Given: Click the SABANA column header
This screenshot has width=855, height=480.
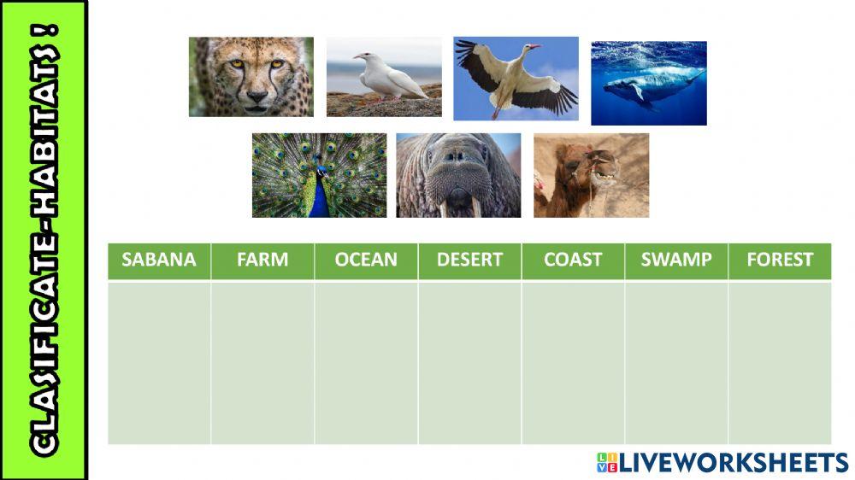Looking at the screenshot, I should (x=159, y=260).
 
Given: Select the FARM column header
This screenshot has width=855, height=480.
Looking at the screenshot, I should (x=262, y=260).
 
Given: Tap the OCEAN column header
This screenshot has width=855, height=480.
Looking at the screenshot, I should (x=366, y=260).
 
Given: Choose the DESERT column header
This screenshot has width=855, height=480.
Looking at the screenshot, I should (x=469, y=260).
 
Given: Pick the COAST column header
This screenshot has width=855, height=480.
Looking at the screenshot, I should (x=573, y=260).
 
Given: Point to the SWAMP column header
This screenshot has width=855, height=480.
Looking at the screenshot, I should (x=676, y=260).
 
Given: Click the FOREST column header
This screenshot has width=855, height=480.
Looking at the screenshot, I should (x=780, y=260).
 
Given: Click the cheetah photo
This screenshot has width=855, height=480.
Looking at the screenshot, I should (x=251, y=76).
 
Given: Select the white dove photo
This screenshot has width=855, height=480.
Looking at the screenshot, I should (x=384, y=76).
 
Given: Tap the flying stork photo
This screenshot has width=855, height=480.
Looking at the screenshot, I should (x=516, y=78).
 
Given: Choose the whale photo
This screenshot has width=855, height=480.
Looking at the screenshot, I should (x=649, y=83).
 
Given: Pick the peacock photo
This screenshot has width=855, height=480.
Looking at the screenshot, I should (x=319, y=175).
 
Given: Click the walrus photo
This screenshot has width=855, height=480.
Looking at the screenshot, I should (x=458, y=175).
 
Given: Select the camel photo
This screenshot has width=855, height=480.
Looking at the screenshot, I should (x=591, y=175).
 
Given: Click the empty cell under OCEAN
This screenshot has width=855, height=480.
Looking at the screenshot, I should (x=366, y=362).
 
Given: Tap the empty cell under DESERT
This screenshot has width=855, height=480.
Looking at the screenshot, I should (x=469, y=362).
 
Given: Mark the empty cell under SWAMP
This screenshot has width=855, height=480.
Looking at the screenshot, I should (x=676, y=362).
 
